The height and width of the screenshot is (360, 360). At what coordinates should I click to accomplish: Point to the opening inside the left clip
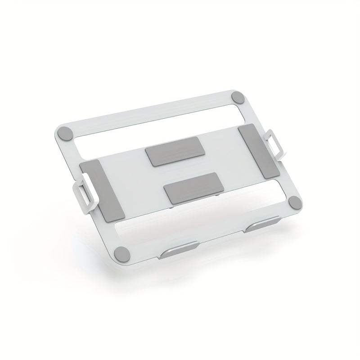pos(82,194)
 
